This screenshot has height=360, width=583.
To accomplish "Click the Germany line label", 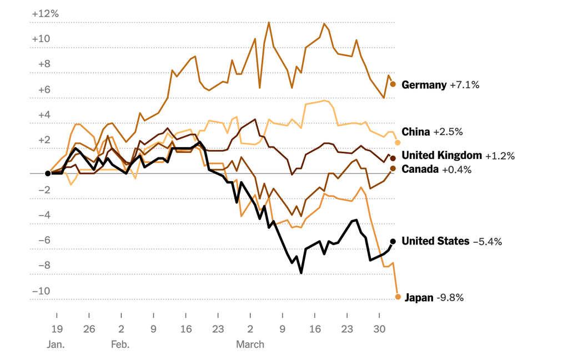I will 424,85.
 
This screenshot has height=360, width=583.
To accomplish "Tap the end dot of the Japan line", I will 398,297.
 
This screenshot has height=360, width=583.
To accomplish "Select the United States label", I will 435,241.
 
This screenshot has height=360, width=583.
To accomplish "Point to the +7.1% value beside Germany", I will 464,85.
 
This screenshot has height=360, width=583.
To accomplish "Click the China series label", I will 416,132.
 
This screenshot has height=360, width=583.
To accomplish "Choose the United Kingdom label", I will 441,156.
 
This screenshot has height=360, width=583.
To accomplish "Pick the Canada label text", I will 420,169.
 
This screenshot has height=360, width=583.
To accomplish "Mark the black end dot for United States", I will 393,241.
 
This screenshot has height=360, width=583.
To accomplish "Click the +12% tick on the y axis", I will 45,13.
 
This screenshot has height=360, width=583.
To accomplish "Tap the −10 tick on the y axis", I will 42,291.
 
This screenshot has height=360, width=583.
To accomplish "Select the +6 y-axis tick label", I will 44,89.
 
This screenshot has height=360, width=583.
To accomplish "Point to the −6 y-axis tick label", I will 44,240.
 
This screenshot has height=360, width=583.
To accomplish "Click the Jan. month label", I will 56,344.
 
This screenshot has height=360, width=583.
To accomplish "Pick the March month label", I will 250,344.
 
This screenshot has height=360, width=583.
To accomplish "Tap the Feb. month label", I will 120,344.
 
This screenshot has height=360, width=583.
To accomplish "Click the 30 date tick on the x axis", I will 379,328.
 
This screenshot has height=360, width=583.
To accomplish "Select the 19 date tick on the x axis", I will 57,328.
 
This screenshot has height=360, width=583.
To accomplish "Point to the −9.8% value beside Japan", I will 450,298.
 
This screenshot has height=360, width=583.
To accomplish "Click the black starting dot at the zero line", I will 48,173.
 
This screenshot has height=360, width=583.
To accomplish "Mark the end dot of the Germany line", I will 393,84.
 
